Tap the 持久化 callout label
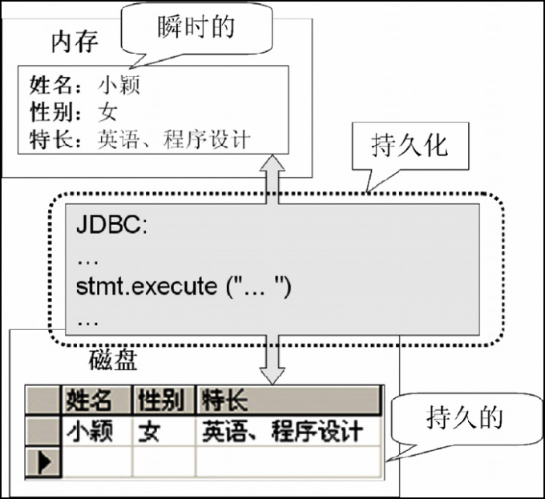coord(409,147)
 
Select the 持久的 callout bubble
coord(464,417)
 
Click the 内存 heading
coord(74,41)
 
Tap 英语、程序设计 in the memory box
coord(174,139)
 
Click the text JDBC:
coord(112,225)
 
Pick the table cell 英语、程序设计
coord(282,432)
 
